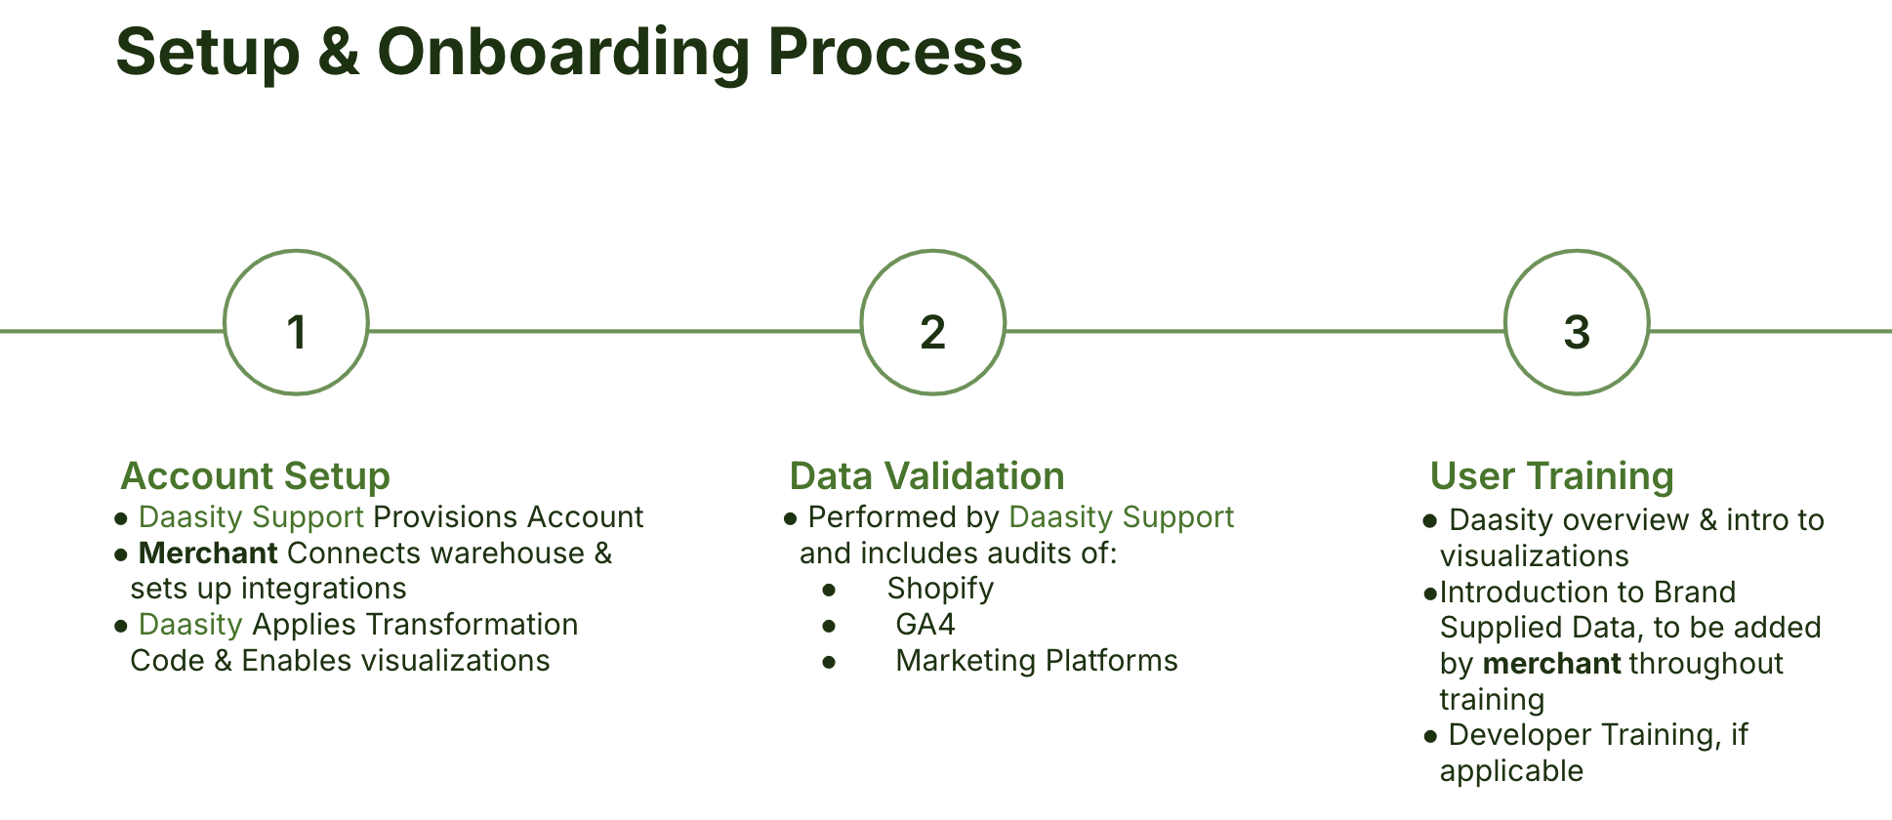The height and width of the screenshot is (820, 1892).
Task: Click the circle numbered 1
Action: pyautogui.click(x=296, y=323)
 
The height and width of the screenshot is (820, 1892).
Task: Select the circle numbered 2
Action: pyautogui.click(x=932, y=323)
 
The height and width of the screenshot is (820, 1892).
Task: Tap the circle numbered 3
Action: pyautogui.click(x=1576, y=323)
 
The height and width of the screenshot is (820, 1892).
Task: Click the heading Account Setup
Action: pyautogui.click(x=255, y=476)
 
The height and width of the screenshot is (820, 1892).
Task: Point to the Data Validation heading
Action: pyautogui.click(x=926, y=476)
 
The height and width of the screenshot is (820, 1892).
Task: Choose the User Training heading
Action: pyautogui.click(x=1551, y=476)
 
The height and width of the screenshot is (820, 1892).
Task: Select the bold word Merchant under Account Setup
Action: pyautogui.click(x=208, y=553)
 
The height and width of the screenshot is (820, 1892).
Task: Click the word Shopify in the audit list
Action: pyautogui.click(x=940, y=589)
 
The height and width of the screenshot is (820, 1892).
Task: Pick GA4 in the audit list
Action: pyautogui.click(x=925, y=625)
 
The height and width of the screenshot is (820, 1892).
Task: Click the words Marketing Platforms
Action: pyautogui.click(x=1037, y=661)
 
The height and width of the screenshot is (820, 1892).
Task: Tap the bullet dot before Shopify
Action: pyautogui.click(x=829, y=590)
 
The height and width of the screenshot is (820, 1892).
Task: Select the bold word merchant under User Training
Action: pyautogui.click(x=1551, y=664)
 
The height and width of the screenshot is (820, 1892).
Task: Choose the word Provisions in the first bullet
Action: pyautogui.click(x=445, y=517)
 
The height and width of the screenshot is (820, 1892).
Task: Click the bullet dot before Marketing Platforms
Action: pyautogui.click(x=829, y=662)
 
